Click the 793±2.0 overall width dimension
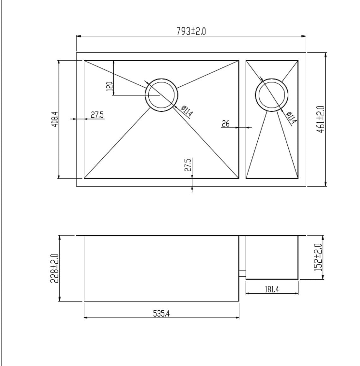191,31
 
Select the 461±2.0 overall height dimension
320,119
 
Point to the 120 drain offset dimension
110,86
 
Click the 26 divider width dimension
225,124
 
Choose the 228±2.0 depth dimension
54,268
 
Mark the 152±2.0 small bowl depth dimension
318,257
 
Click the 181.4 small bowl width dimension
272,289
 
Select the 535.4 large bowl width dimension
161,314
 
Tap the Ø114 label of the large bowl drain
187,112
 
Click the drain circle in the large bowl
161,95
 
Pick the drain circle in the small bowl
272,95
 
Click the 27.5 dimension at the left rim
97,115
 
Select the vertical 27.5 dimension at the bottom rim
188,165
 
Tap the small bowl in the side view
272,257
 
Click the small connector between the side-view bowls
242,273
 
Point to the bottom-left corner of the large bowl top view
84,178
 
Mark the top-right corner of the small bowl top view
298,61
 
